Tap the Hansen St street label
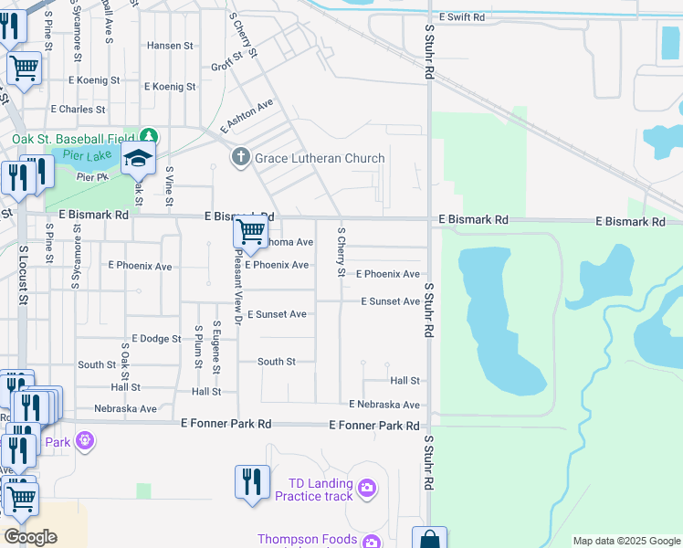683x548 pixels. click(x=171, y=45)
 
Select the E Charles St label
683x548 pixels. click(x=79, y=109)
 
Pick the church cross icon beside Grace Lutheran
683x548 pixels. click(x=241, y=158)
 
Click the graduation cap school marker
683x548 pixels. click(x=139, y=160)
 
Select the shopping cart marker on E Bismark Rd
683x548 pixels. click(x=249, y=233)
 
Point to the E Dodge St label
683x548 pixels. click(x=156, y=339)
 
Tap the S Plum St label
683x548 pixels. click(x=198, y=345)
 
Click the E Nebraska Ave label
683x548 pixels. click(x=384, y=405)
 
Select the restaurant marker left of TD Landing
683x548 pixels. click(x=251, y=482)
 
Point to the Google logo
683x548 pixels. click(x=30, y=537)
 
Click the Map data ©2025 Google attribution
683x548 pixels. click(x=626, y=542)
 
